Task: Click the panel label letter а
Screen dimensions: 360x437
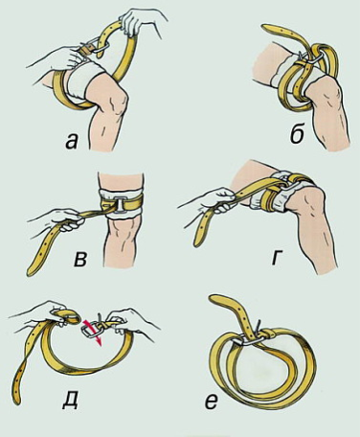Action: pyautogui.click(x=72, y=142)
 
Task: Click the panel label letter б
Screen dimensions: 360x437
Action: pyautogui.click(x=297, y=135)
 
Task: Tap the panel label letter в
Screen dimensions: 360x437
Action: pyautogui.click(x=79, y=260)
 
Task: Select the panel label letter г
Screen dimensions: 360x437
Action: pyautogui.click(x=277, y=259)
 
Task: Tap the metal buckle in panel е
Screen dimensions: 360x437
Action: pyautogui.click(x=248, y=338)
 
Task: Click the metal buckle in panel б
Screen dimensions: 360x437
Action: pyautogui.click(x=311, y=57)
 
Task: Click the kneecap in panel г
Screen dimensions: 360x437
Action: pyautogui.click(x=308, y=204)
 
